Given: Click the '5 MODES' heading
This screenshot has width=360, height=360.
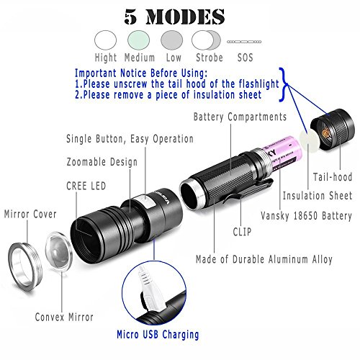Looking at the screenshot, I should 179,15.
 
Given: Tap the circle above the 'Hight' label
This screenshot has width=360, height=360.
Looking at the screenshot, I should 106,39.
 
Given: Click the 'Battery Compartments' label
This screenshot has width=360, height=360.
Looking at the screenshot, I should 240,117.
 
